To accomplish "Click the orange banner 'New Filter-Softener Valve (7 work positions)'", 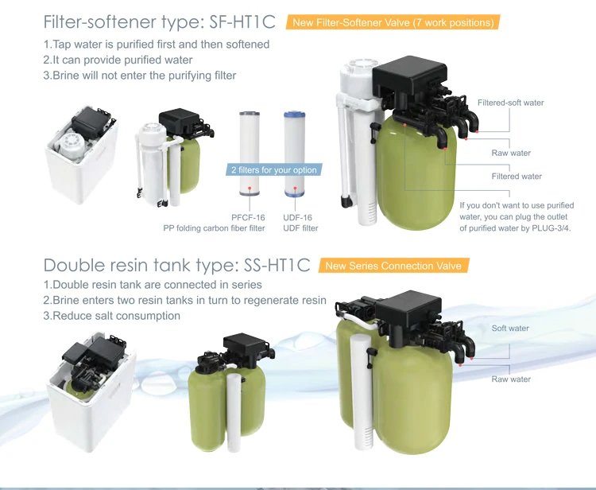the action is (x=393, y=22).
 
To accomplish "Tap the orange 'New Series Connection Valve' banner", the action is (x=393, y=266).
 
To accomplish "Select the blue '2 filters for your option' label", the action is (x=273, y=169).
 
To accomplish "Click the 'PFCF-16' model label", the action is (x=248, y=218).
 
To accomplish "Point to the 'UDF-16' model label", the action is (x=297, y=218).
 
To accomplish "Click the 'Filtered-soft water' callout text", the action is (x=510, y=103).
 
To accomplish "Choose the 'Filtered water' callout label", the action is (x=517, y=176).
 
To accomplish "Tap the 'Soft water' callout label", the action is (x=510, y=329).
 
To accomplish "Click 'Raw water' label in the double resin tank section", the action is (x=511, y=379).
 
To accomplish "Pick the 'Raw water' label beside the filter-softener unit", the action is (x=511, y=153).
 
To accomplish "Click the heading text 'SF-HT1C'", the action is (x=242, y=21).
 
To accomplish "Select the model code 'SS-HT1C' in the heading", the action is (x=277, y=265).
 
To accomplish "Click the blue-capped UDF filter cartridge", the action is (x=295, y=154).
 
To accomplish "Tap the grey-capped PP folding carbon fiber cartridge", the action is (x=250, y=154).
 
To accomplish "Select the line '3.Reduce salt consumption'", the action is (x=112, y=316).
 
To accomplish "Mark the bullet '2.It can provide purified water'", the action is (x=118, y=60).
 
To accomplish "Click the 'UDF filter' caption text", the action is (x=300, y=228).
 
